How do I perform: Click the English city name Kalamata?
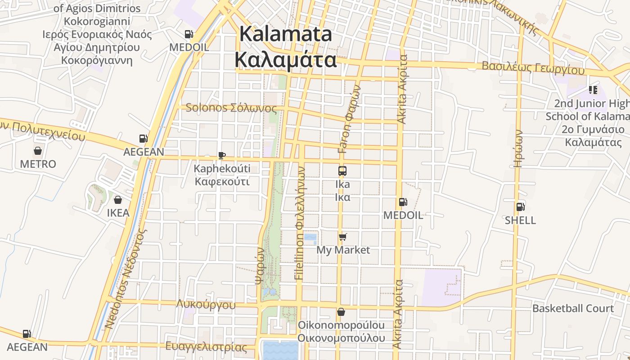[286, 34]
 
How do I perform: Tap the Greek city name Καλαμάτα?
[286, 59]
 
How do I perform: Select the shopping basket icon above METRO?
[38, 151]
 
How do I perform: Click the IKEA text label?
[118, 213]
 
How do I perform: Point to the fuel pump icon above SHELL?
[520, 207]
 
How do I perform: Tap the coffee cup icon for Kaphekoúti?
[221, 156]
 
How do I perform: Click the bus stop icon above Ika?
[342, 171]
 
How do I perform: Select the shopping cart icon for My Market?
[343, 237]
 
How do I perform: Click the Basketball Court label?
[573, 308]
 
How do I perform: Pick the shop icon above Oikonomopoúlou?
[341, 311]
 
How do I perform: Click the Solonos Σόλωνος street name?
[231, 108]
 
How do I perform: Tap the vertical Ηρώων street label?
[518, 148]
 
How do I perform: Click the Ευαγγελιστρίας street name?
[206, 347]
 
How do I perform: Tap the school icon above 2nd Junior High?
[593, 90]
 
